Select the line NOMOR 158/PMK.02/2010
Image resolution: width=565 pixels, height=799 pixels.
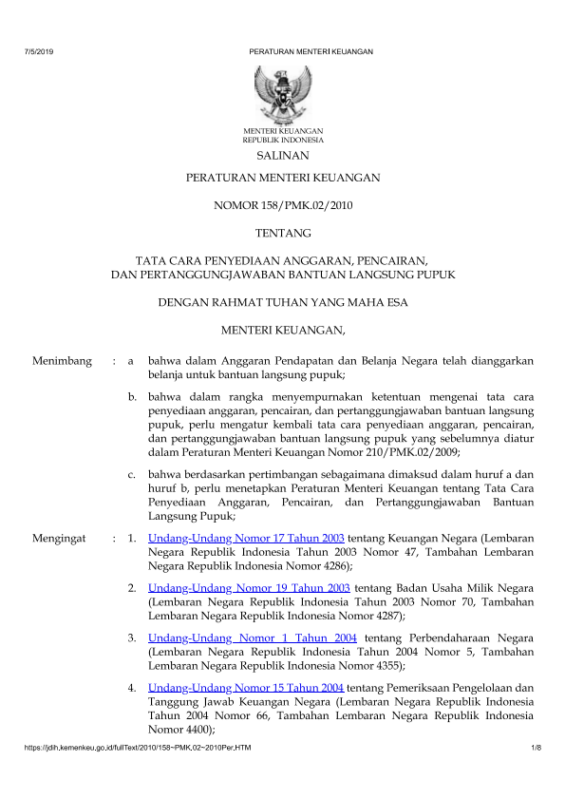click(282, 204)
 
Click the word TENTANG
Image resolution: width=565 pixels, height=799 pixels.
click(282, 231)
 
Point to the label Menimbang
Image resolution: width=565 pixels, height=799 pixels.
click(62, 361)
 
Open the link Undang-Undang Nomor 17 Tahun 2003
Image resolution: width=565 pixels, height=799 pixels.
click(247, 538)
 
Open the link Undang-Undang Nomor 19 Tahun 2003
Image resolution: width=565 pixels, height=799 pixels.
click(251, 589)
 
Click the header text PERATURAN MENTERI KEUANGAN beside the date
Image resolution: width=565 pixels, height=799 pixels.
click(311, 50)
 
